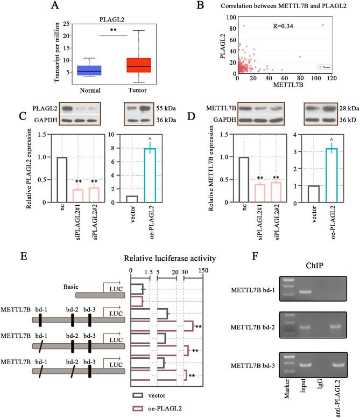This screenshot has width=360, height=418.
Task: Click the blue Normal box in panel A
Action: (89, 70)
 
